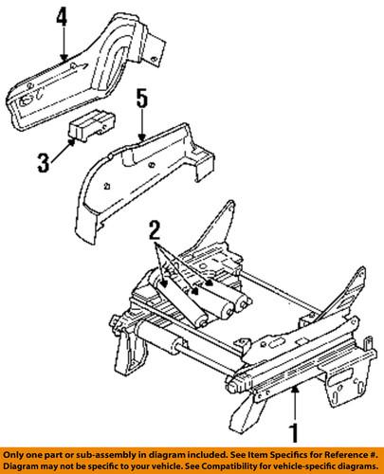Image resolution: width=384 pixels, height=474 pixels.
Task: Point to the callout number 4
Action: [62, 18]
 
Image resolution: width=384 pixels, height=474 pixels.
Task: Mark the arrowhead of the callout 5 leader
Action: [141, 139]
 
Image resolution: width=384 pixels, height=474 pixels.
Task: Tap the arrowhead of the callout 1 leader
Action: [294, 389]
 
